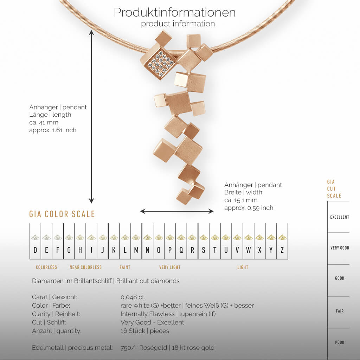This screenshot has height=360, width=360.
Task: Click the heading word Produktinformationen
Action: [175, 12]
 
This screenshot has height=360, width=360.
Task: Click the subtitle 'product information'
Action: [178, 24]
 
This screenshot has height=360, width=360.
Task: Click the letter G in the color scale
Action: [69, 250]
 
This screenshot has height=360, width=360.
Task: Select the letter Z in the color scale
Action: [282, 250]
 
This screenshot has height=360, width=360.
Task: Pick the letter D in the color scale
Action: [35, 250]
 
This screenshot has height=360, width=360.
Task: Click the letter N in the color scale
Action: [147, 250]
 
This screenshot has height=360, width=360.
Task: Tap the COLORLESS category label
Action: [46, 267]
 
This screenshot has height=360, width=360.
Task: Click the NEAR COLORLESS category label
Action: [85, 267]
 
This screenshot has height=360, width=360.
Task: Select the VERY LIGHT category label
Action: [170, 267]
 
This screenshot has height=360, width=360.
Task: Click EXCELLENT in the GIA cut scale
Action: [340, 217]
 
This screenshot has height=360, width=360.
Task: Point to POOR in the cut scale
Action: [340, 342]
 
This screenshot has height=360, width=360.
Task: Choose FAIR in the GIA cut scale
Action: [340, 311]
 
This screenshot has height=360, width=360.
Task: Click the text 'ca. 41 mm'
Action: [44, 122]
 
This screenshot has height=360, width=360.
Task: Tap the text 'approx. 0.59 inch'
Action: [249, 208]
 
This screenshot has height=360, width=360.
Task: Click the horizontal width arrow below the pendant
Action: [177, 211]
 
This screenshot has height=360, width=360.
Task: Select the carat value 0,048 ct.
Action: [133, 297]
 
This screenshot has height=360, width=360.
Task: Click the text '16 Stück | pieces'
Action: [145, 331]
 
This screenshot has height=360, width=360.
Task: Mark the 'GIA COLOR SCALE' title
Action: [62, 214]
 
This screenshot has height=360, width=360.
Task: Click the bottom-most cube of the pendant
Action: [184, 197]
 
